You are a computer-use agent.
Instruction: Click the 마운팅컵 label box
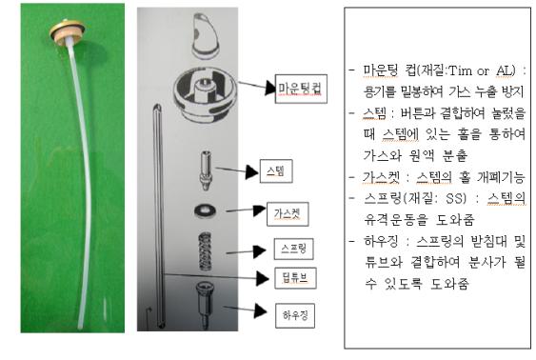tap(301, 89)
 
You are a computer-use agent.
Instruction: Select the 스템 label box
tap(276, 170)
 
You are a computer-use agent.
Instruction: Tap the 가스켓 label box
tap(288, 214)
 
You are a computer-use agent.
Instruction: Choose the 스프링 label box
tap(293, 249)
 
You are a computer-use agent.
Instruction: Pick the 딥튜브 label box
tap(295, 278)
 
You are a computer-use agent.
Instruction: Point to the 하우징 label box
tap(295, 315)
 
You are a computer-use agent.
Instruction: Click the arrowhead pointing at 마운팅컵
tap(270, 89)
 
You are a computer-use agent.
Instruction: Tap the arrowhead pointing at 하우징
tap(261, 311)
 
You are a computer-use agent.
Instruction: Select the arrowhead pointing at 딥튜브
tap(263, 279)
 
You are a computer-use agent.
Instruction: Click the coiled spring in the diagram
tap(205, 250)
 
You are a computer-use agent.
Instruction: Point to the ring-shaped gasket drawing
tap(205, 210)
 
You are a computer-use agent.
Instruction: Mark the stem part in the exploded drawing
tap(206, 170)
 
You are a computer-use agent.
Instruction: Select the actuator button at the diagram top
tap(205, 36)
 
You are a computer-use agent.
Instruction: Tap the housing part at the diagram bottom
tap(205, 304)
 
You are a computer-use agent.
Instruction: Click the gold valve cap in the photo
tap(67, 31)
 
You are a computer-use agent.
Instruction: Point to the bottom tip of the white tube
tap(81, 328)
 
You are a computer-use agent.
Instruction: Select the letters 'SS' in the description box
tap(456, 198)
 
